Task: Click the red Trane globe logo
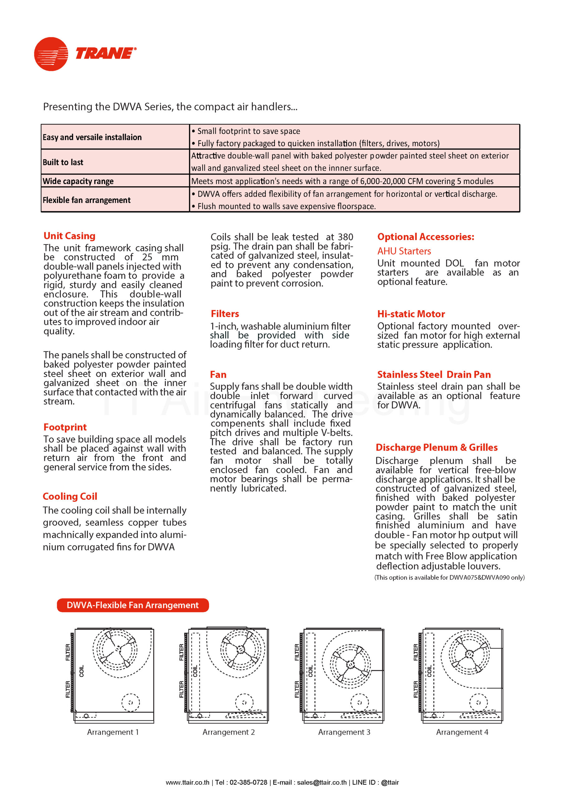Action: point(51,54)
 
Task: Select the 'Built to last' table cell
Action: point(63,162)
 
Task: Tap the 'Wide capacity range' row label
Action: point(78,181)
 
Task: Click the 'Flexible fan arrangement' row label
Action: point(87,200)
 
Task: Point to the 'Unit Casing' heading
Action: point(69,236)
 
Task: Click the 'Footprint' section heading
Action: point(65,427)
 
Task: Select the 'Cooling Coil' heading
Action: point(70,496)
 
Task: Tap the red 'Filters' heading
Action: point(225,314)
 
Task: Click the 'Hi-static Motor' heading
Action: point(411,314)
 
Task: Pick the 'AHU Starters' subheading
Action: point(404,251)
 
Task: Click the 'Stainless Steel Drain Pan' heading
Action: point(434,375)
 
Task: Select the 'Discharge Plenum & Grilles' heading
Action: point(437,448)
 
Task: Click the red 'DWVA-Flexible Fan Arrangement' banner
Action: point(133,605)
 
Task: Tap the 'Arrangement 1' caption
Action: point(113,732)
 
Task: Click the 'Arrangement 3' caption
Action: point(344,732)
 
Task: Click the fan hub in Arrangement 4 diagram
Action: point(469,654)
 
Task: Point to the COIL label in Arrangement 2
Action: point(195,671)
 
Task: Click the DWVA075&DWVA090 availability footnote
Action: point(450,578)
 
